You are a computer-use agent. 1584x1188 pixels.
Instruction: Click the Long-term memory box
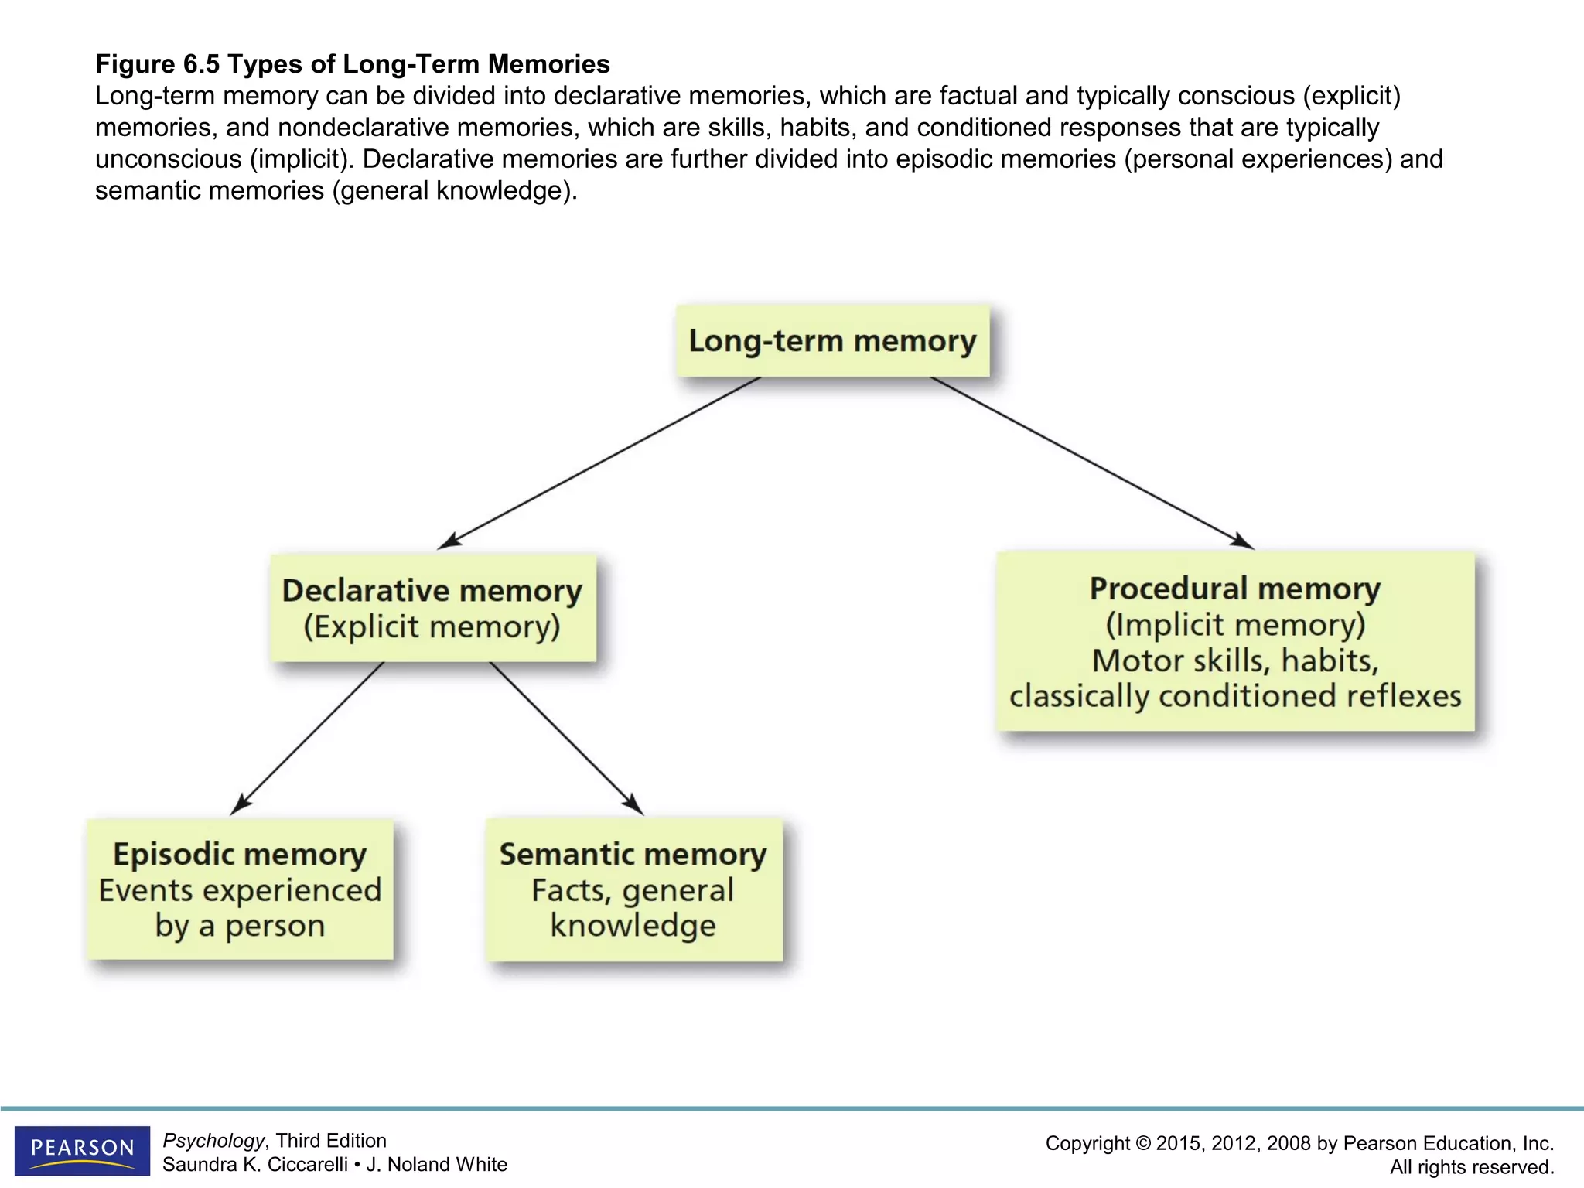(x=832, y=341)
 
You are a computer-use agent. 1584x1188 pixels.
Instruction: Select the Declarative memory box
(x=432, y=608)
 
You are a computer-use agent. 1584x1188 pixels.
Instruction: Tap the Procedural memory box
(x=1235, y=641)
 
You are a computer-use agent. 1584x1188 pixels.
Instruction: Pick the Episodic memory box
(x=240, y=889)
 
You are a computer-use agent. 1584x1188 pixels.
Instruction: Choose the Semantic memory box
(x=633, y=889)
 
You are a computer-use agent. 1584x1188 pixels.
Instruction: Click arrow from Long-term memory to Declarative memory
(x=599, y=463)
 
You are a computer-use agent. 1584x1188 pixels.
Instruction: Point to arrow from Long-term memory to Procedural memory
(x=1091, y=463)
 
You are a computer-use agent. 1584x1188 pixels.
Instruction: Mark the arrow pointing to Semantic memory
(x=565, y=736)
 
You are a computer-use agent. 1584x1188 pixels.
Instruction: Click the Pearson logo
(x=82, y=1149)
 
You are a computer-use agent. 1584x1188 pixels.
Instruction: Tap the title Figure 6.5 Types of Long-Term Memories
(x=353, y=64)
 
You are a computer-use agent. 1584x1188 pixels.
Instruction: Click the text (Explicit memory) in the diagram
(x=432, y=626)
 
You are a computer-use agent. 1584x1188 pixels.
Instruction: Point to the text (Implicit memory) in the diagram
(x=1235, y=624)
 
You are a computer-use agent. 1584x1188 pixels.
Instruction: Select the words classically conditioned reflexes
(x=1235, y=696)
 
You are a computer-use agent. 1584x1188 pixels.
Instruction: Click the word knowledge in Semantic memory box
(x=633, y=926)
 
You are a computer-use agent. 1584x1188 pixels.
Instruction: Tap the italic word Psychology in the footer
(x=213, y=1141)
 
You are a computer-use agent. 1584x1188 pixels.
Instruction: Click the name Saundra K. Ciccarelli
(x=254, y=1165)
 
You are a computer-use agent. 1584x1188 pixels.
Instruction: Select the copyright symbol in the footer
(x=1142, y=1144)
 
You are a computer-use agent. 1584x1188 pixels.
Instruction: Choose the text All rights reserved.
(x=1471, y=1167)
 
